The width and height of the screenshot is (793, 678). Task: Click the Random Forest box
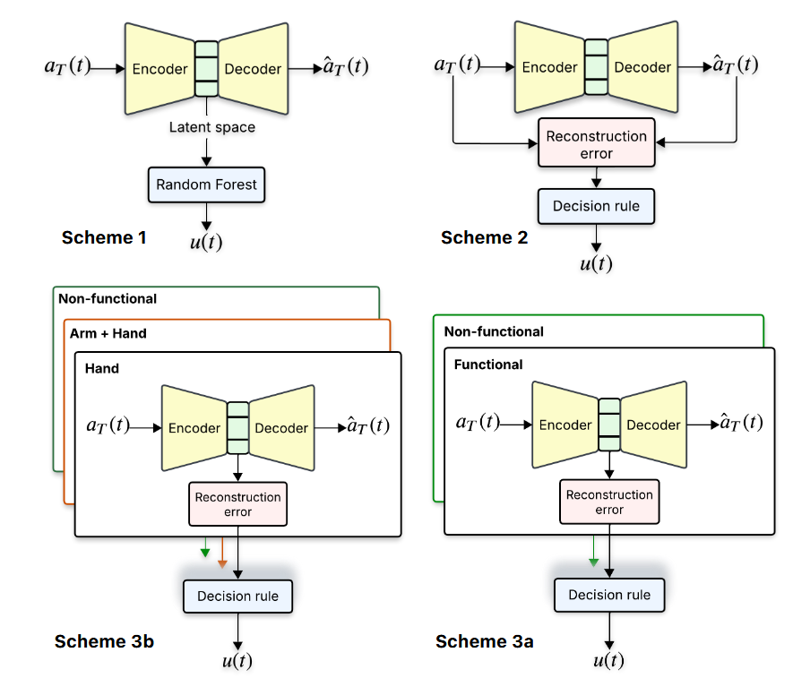coord(206,185)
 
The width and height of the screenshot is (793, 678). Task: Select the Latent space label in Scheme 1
coord(212,127)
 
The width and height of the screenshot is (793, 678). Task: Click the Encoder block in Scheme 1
coord(159,69)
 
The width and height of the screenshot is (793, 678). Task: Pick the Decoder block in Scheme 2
coord(642,67)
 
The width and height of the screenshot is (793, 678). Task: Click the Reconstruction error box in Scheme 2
coord(596,144)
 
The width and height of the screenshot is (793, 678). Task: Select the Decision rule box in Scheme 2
coord(596,206)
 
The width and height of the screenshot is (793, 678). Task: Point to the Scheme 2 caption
coord(484,237)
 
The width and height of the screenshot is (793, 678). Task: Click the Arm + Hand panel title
coord(108,333)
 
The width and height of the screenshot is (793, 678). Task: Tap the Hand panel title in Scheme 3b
coord(101,368)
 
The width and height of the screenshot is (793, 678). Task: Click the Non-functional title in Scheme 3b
coord(107,299)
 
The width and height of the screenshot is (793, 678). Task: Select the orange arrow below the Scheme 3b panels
coord(223,554)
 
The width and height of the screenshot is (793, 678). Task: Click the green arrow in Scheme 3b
coord(205,547)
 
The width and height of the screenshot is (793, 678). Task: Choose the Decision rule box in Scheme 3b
coord(237,596)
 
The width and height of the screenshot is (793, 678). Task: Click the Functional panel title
coord(488,365)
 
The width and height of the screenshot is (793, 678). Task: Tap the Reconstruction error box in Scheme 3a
coord(609,502)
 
